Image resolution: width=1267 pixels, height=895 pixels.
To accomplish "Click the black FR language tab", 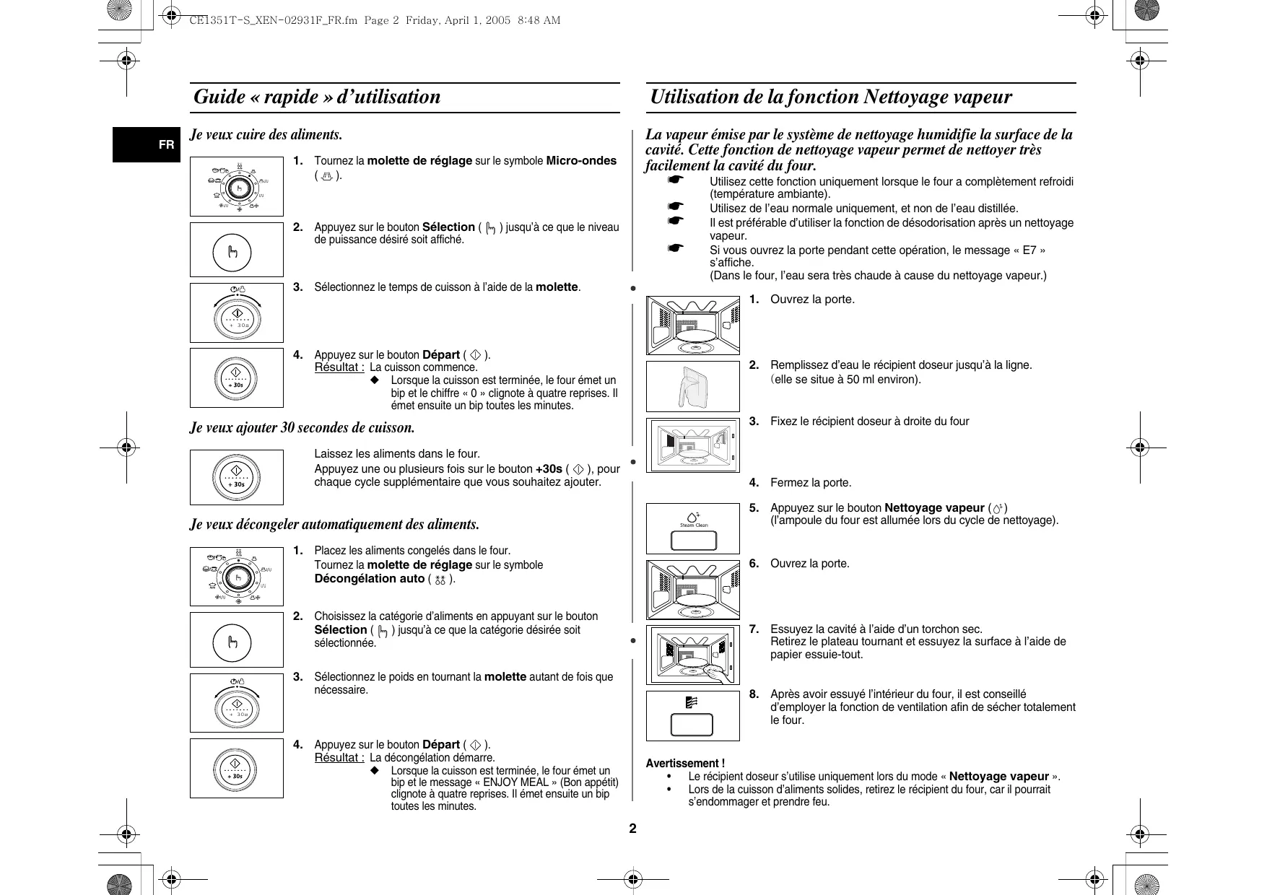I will pyautogui.click(x=147, y=144).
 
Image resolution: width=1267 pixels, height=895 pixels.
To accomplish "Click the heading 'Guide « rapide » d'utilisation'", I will pyautogui.click(x=317, y=97).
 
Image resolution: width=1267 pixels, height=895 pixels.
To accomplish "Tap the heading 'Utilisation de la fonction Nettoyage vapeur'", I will pyautogui.click(x=830, y=97).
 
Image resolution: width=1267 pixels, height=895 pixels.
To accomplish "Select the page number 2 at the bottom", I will pyautogui.click(x=632, y=829).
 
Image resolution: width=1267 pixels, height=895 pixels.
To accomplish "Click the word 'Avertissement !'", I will pyautogui.click(x=685, y=763).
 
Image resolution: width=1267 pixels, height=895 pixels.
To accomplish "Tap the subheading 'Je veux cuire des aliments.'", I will pyautogui.click(x=266, y=135).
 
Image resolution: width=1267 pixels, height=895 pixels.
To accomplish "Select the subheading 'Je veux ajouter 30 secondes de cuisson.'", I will pyautogui.click(x=302, y=427).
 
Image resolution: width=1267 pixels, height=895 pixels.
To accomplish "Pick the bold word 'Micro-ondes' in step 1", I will pyautogui.click(x=581, y=160).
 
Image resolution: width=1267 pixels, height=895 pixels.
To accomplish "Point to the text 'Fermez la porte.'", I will pyautogui.click(x=811, y=483).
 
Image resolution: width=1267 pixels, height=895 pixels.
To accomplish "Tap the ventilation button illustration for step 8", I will pyautogui.click(x=693, y=723).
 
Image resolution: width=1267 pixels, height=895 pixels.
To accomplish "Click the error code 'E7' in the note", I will pyautogui.click(x=1029, y=250).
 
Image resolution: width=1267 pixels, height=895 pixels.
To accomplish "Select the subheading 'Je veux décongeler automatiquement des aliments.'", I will pyautogui.click(x=335, y=525).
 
